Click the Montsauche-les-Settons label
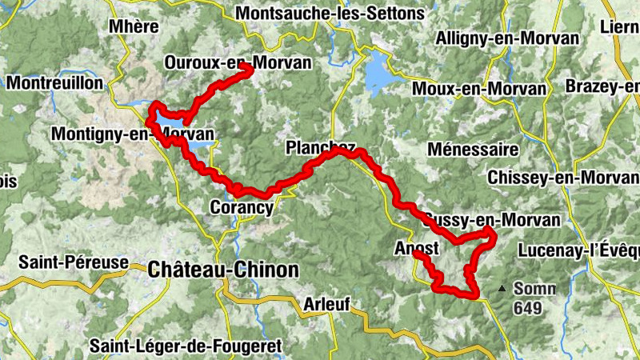pos(329,14)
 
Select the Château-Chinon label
pos(223,270)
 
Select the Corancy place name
pos(242,207)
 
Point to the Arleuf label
pos(326,304)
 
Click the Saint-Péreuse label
pos(74,262)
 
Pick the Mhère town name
pos(134,26)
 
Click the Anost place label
pos(417,249)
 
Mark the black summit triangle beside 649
pos(502,288)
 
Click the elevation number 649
pos(528,308)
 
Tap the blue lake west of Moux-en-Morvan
pos(378,74)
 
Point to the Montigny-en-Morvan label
pos(132,134)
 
